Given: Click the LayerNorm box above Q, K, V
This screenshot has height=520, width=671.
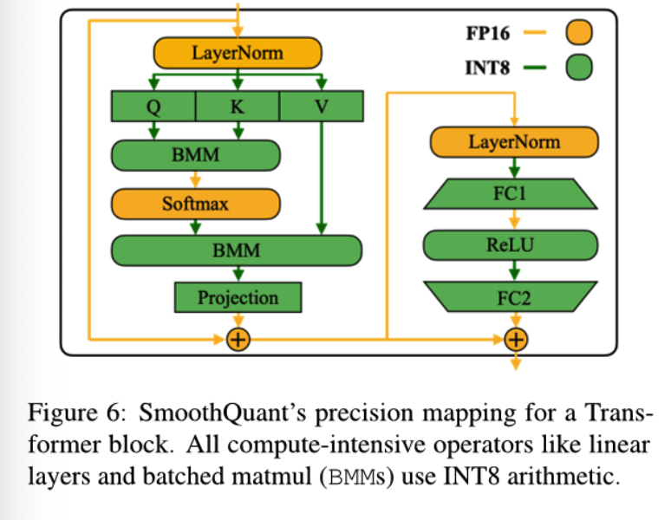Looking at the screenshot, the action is [x=238, y=53].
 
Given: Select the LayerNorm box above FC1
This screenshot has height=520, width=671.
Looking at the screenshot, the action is [x=514, y=142].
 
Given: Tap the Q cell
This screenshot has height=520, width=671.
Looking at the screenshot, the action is [x=153, y=106].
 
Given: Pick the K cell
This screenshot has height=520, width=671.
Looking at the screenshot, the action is [x=237, y=106].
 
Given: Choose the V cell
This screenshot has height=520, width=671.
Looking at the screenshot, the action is [x=322, y=106].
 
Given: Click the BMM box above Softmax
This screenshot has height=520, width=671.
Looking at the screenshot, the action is [x=196, y=155].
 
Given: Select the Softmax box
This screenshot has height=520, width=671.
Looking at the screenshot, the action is [x=196, y=204].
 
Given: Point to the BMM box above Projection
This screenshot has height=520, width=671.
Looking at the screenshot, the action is [x=237, y=250].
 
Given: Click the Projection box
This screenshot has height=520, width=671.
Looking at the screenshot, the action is [x=238, y=297].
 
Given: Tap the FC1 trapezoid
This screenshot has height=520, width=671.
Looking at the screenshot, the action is [x=510, y=194].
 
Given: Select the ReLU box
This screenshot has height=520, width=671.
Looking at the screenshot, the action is [x=510, y=245].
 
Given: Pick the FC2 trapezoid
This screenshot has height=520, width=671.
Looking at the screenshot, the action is [x=510, y=296].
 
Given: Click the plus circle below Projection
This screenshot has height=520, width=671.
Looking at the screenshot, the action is [x=238, y=340].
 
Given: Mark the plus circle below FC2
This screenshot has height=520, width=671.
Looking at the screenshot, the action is [x=516, y=340].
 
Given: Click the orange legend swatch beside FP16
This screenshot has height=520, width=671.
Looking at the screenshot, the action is [x=579, y=32].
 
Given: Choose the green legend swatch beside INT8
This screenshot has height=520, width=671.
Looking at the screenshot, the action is [x=579, y=67].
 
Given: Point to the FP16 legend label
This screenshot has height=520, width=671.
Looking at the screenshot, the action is [x=488, y=33].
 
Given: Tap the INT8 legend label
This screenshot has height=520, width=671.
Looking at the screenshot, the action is [x=487, y=68].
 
